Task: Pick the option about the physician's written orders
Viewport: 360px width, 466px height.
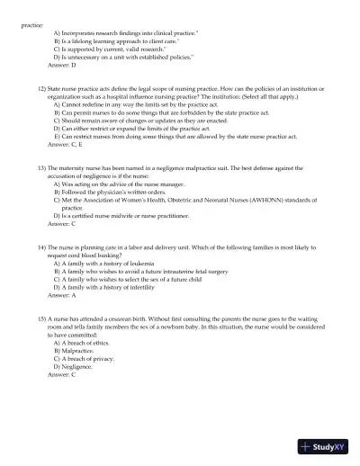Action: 110,192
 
